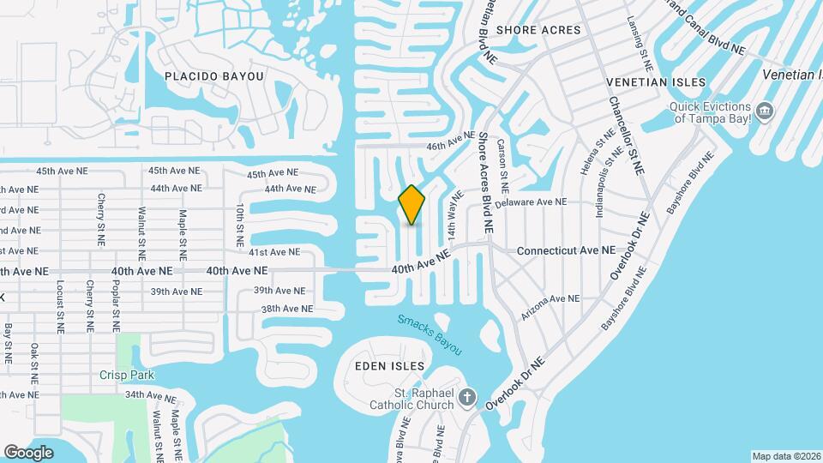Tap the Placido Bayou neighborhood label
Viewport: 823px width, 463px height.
pos(213,76)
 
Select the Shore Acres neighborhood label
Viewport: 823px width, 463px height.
pos(538,30)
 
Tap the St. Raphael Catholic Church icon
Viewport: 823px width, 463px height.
pos(466,397)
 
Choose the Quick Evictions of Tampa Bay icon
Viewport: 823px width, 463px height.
pos(765,111)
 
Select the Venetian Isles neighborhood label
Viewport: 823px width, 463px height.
pos(656,82)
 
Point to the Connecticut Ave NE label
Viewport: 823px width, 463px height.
pos(567,251)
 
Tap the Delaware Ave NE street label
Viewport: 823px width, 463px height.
pos(532,202)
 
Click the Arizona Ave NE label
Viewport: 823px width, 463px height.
pos(551,298)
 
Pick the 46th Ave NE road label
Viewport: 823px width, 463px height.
pos(450,141)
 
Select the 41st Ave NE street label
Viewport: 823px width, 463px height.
pos(273,252)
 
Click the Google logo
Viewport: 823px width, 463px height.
pos(29,452)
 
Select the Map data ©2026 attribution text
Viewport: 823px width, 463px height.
pos(786,456)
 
